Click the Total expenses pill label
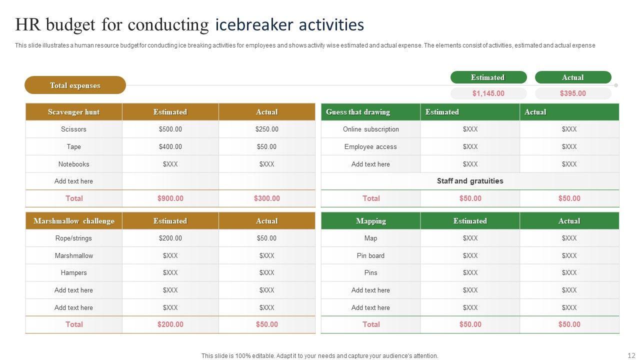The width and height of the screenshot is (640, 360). coord(75,85)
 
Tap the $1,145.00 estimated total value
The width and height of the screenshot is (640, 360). coord(488,93)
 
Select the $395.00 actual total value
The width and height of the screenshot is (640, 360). coord(572,93)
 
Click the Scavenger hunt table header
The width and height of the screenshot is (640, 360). coord(73,112)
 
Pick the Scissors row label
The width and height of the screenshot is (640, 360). coord(73,129)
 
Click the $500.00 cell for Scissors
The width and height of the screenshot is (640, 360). coord(170,129)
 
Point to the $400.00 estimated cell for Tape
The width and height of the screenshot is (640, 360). coord(170,147)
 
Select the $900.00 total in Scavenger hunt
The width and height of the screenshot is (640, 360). coord(170,198)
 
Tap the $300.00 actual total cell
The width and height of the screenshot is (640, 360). coord(266,198)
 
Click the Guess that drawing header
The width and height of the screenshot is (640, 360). coord(358,112)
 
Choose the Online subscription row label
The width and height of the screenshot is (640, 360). coord(370,129)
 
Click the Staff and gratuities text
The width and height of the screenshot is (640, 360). coord(470,181)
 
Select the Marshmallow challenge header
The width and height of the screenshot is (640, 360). coord(73,221)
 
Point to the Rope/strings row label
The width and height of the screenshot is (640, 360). coord(73,238)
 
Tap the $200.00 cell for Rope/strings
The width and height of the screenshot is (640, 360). coord(170,238)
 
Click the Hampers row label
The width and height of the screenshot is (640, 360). coord(73,273)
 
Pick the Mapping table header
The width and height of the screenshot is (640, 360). coord(370,221)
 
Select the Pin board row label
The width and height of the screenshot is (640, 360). coord(370,256)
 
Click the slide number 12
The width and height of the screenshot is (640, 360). coord(630,355)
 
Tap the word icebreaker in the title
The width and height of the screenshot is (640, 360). coord(250,24)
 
